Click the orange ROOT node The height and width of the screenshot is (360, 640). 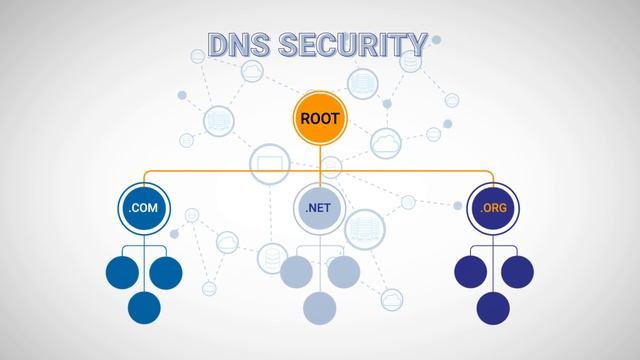click(x=320, y=118)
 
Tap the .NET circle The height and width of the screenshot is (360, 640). click(x=319, y=209)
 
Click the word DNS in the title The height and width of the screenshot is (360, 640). click(x=238, y=45)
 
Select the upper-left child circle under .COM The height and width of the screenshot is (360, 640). click(x=123, y=271)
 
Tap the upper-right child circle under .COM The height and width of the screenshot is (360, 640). click(x=166, y=271)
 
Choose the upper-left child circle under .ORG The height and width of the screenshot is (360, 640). click(x=472, y=271)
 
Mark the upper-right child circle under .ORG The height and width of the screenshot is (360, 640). click(x=516, y=271)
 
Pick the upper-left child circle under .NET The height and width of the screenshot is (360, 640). click(x=297, y=271)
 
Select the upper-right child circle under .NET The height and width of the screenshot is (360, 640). click(x=341, y=271)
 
